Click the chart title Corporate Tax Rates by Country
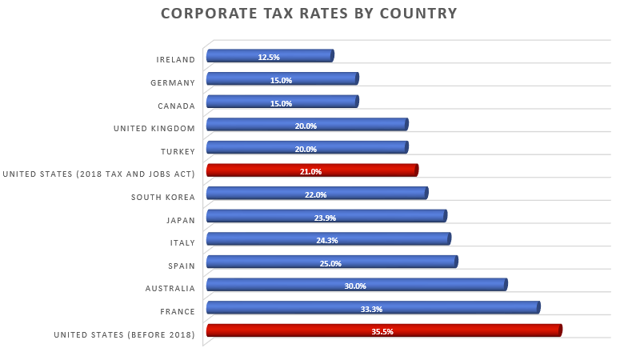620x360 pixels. tap(309, 14)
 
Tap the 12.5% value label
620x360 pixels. tap(269, 58)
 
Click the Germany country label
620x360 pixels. tap(173, 82)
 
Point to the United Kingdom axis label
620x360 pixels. tap(154, 129)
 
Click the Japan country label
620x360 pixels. tap(180, 220)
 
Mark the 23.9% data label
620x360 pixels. tap(325, 218)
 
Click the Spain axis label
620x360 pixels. tap(181, 266)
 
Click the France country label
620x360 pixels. tap(178, 311)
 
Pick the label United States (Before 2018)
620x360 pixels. tap(124, 335)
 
